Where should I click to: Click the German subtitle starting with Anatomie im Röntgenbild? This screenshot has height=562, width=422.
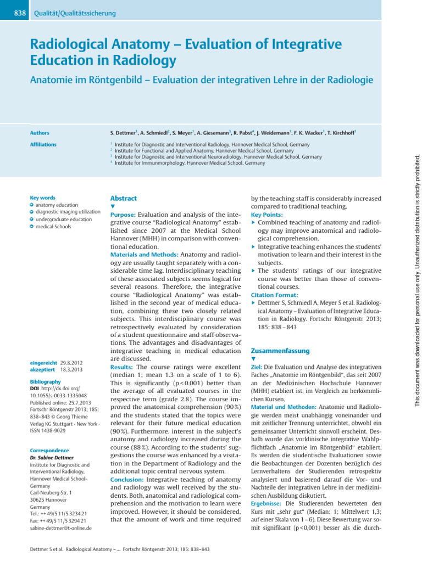pyautogui.click(x=201, y=80)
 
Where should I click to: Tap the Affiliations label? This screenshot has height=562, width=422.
pyautogui.click(x=43, y=145)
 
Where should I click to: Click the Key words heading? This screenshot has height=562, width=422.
pyautogui.click(x=43, y=197)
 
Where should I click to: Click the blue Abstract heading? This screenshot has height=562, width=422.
pyautogui.click(x=124, y=199)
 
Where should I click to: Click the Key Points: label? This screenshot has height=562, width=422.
pyautogui.click(x=266, y=215)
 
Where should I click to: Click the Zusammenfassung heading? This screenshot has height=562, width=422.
pyautogui.click(x=280, y=351)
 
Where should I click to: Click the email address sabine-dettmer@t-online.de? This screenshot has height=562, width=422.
pyautogui.click(x=60, y=528)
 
